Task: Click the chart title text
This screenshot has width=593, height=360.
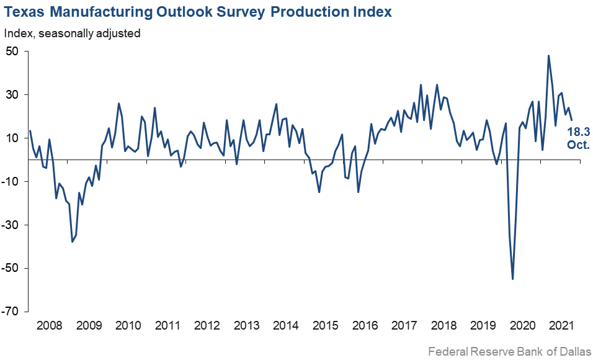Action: [x=198, y=12]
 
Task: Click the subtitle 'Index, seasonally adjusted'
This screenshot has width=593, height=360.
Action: [x=72, y=33]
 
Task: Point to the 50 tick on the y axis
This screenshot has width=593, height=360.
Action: [x=14, y=51]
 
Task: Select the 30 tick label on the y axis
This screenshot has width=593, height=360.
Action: [x=14, y=94]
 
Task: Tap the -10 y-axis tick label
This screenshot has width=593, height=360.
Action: [x=12, y=181]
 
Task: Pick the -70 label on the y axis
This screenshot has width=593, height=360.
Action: [x=12, y=312]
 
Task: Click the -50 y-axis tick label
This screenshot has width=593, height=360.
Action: [x=12, y=268]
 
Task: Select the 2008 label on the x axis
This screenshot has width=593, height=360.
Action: [x=48, y=326]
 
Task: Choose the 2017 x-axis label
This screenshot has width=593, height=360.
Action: [x=404, y=326]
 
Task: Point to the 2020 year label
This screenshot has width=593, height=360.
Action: [x=522, y=326]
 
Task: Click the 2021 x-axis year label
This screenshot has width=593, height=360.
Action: [x=561, y=326]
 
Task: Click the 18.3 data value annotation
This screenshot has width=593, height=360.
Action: [x=579, y=132]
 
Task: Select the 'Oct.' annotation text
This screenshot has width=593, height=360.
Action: [x=579, y=145]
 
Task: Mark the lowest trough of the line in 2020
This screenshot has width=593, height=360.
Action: [x=513, y=279]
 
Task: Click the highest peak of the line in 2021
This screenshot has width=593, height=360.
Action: [x=549, y=55]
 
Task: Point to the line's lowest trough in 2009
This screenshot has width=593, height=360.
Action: [x=72, y=241]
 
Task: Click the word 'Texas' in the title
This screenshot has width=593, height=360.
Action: [x=24, y=12]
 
